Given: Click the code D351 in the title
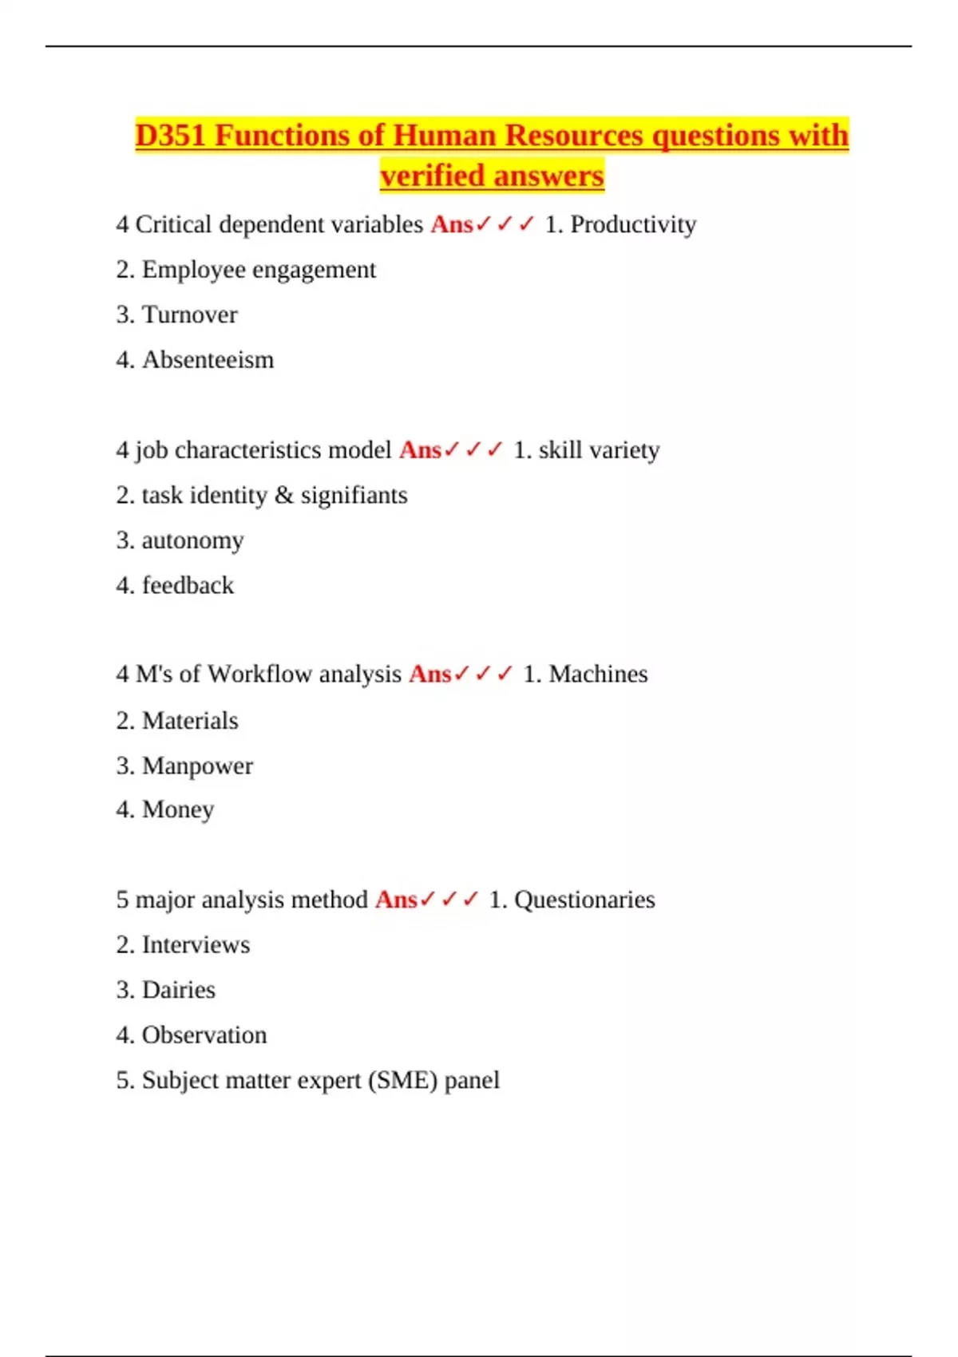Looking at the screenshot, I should pyautogui.click(x=171, y=136).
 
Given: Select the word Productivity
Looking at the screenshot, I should pyautogui.click(x=633, y=225).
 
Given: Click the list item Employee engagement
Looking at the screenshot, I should pyautogui.click(x=259, y=270).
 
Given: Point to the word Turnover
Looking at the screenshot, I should pyautogui.click(x=189, y=315).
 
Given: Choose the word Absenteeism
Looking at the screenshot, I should pyautogui.click(x=208, y=360).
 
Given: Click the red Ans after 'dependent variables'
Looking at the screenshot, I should pyautogui.click(x=452, y=225).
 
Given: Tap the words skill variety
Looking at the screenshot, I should pyautogui.click(x=599, y=450).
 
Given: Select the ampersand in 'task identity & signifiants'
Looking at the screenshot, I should pyautogui.click(x=284, y=496).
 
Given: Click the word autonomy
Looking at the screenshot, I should pyautogui.click(x=192, y=540).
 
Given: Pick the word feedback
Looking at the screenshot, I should pyautogui.click(x=188, y=586).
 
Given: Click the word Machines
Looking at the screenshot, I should pyautogui.click(x=598, y=675).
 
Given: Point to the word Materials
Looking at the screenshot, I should pyautogui.click(x=190, y=721).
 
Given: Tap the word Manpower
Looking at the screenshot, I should pyautogui.click(x=197, y=766).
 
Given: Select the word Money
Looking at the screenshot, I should pyautogui.click(x=177, y=809).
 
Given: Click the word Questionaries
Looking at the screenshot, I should pyautogui.click(x=584, y=900).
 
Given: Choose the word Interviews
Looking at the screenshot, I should pyautogui.click(x=196, y=945).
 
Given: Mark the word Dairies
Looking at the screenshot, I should pyautogui.click(x=178, y=990).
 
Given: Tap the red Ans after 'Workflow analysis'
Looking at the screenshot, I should pyautogui.click(x=430, y=675).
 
